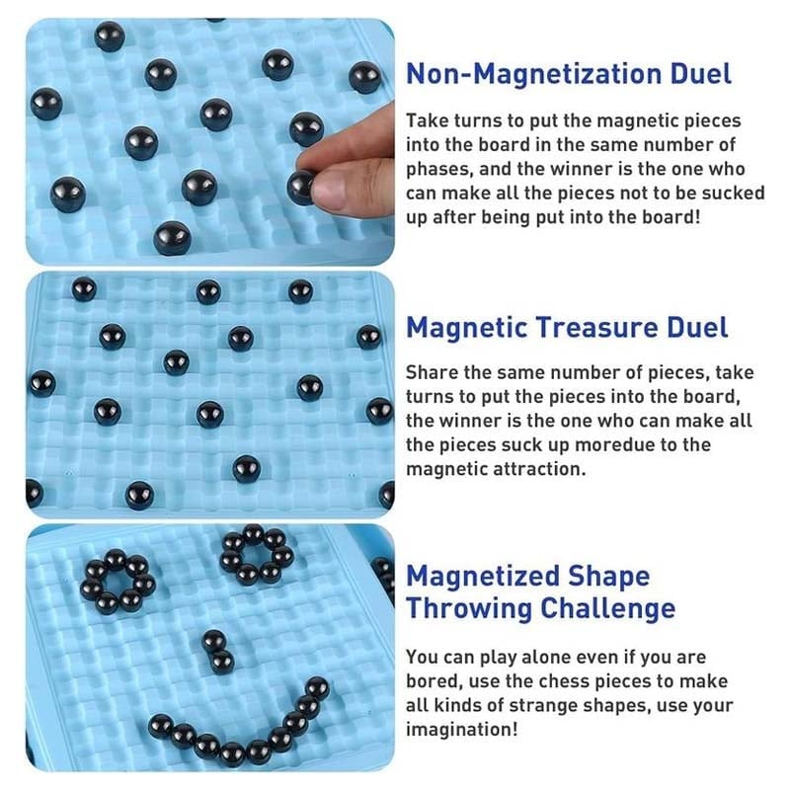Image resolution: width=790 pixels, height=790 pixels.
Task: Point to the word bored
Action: tap(432, 681)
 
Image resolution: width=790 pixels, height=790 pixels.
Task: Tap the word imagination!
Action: tap(459, 729)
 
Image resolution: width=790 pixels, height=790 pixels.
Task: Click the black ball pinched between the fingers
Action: tap(301, 186)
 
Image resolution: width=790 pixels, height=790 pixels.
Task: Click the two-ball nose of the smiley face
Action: tap(217, 651)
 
